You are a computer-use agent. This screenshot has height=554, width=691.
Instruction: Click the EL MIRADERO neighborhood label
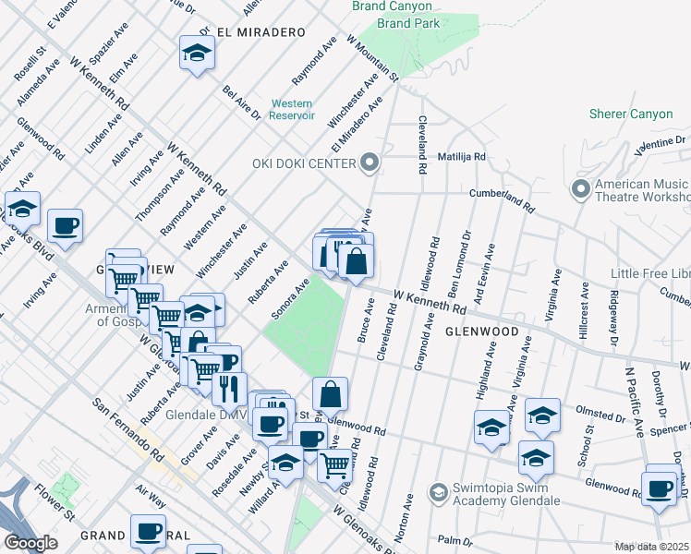[261, 32]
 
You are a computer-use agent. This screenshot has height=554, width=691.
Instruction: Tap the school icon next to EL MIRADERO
[197, 54]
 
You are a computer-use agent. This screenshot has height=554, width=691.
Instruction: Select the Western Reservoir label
[292, 110]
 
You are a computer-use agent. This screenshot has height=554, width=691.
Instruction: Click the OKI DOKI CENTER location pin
[370, 163]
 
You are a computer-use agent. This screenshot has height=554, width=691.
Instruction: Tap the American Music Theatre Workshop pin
[581, 189]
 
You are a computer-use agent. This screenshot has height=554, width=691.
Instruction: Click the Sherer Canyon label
[636, 114]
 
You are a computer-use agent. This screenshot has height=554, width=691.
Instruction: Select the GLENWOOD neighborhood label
[480, 331]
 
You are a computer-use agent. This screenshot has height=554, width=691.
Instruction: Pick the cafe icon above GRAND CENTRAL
[148, 531]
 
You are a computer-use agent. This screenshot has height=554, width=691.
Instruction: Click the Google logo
[30, 543]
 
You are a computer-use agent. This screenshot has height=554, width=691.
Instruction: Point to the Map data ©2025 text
[651, 547]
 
